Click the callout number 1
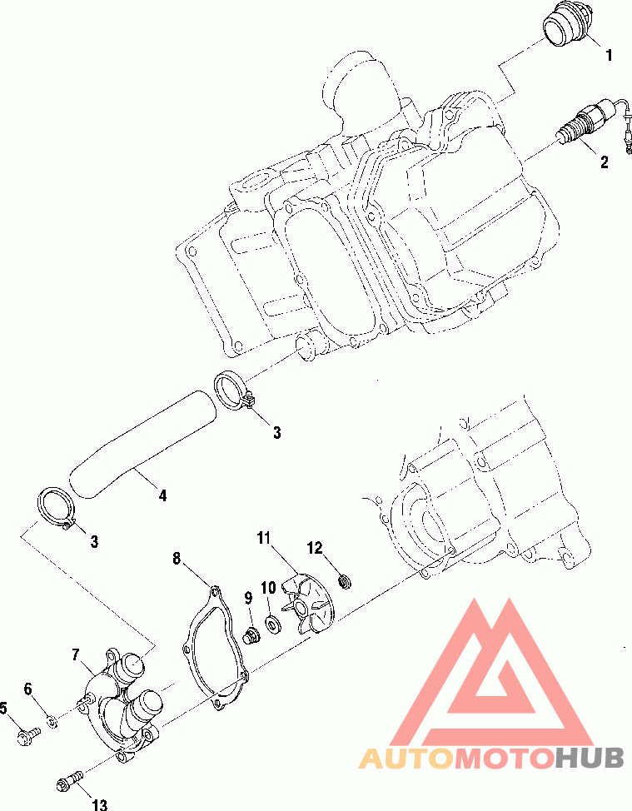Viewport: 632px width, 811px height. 609,55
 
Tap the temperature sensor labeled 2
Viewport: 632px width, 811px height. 595,122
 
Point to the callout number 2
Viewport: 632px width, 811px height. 604,162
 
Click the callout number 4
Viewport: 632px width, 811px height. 162,495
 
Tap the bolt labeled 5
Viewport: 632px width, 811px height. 28,735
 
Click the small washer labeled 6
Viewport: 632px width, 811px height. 52,720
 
